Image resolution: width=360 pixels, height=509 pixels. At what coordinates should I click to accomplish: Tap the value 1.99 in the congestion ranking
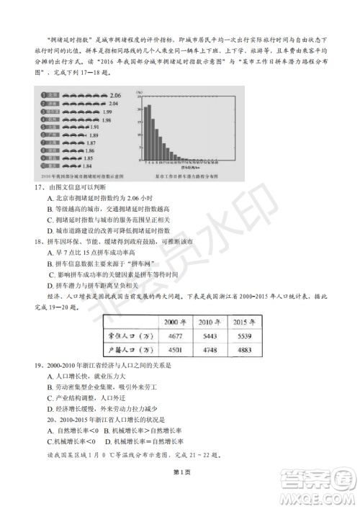coord(107,112)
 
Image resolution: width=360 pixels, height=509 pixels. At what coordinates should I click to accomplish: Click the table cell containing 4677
coord(176,336)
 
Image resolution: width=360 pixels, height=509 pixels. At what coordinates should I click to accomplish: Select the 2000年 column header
coord(176,321)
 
